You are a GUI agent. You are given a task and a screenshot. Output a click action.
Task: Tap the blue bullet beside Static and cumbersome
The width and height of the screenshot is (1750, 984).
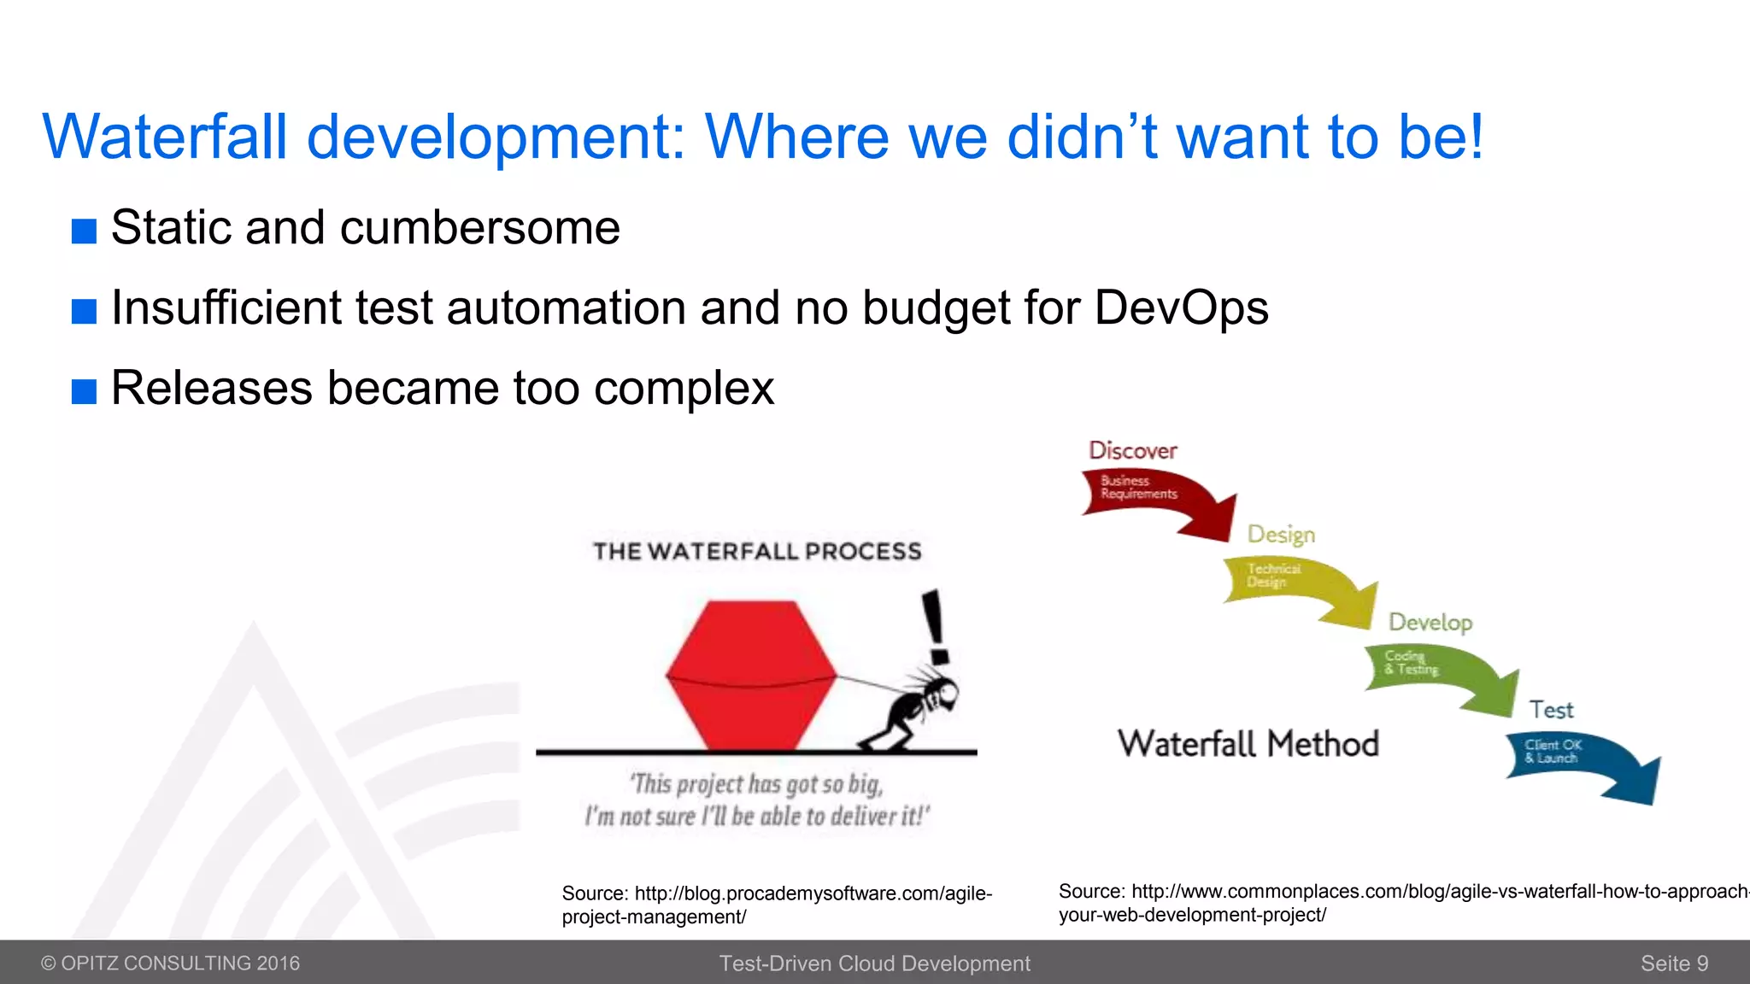[x=84, y=231]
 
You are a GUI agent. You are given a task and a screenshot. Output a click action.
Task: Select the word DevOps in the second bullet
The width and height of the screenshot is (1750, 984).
[x=1181, y=307]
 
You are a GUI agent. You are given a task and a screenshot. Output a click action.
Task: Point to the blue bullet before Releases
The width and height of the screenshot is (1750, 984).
[x=84, y=391]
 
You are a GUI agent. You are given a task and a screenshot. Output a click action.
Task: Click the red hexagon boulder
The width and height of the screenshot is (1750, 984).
[x=750, y=675]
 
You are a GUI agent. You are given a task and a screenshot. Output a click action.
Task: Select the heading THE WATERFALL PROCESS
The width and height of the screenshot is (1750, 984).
[x=757, y=552]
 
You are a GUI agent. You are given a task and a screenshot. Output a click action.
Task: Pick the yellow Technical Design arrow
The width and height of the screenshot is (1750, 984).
[x=1295, y=585]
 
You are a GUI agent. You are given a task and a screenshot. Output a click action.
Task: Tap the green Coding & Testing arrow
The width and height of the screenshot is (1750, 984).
[x=1436, y=675]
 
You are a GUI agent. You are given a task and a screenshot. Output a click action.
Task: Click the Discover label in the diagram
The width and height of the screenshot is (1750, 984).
[x=1132, y=450]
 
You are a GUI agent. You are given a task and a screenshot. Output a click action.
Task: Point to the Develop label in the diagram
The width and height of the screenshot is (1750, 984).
[x=1430, y=622]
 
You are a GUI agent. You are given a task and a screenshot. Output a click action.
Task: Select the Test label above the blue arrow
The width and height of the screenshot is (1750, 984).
[x=1551, y=710]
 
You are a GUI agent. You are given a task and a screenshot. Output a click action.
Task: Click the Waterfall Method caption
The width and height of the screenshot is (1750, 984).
[x=1248, y=744]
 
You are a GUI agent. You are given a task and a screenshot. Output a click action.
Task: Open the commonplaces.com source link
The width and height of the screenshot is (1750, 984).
[x=1401, y=902]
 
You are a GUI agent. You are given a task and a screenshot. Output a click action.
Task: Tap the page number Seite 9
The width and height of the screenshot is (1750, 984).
[x=1673, y=963]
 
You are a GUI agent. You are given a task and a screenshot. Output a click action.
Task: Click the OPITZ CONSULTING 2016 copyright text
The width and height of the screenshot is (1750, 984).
[x=171, y=963]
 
